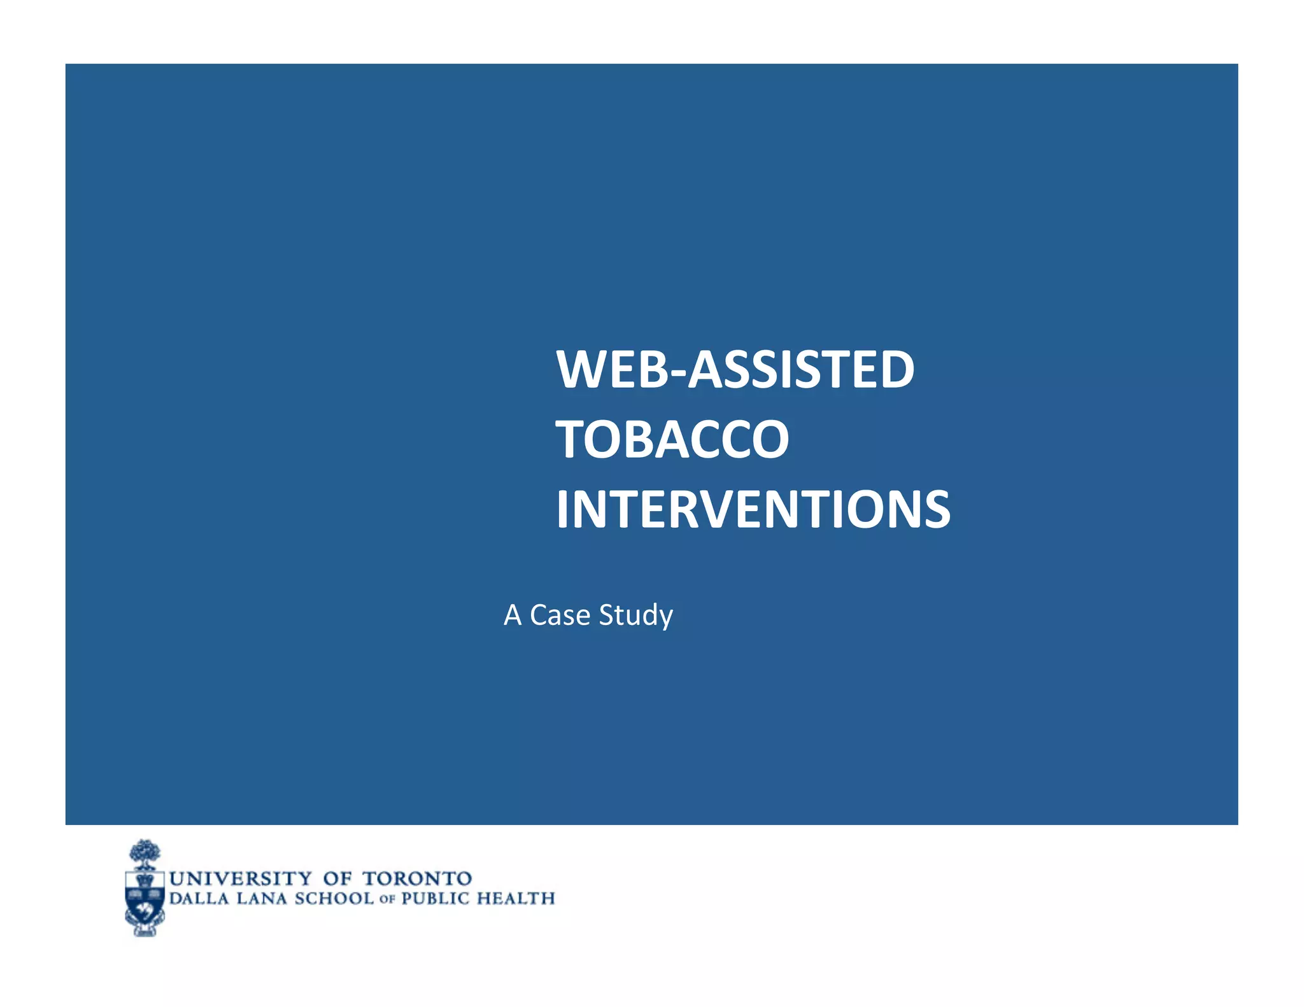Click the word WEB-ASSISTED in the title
coord(735,370)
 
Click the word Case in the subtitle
coord(560,615)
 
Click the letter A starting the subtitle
coord(513,616)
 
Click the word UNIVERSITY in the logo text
coord(240,878)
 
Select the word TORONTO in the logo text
coord(417,878)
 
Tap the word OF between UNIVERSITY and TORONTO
coord(337,878)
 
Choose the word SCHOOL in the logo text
coord(334,899)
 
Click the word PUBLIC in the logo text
coord(435,899)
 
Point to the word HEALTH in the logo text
coord(516,899)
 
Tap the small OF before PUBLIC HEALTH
coord(387,900)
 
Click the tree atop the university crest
coord(145,853)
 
